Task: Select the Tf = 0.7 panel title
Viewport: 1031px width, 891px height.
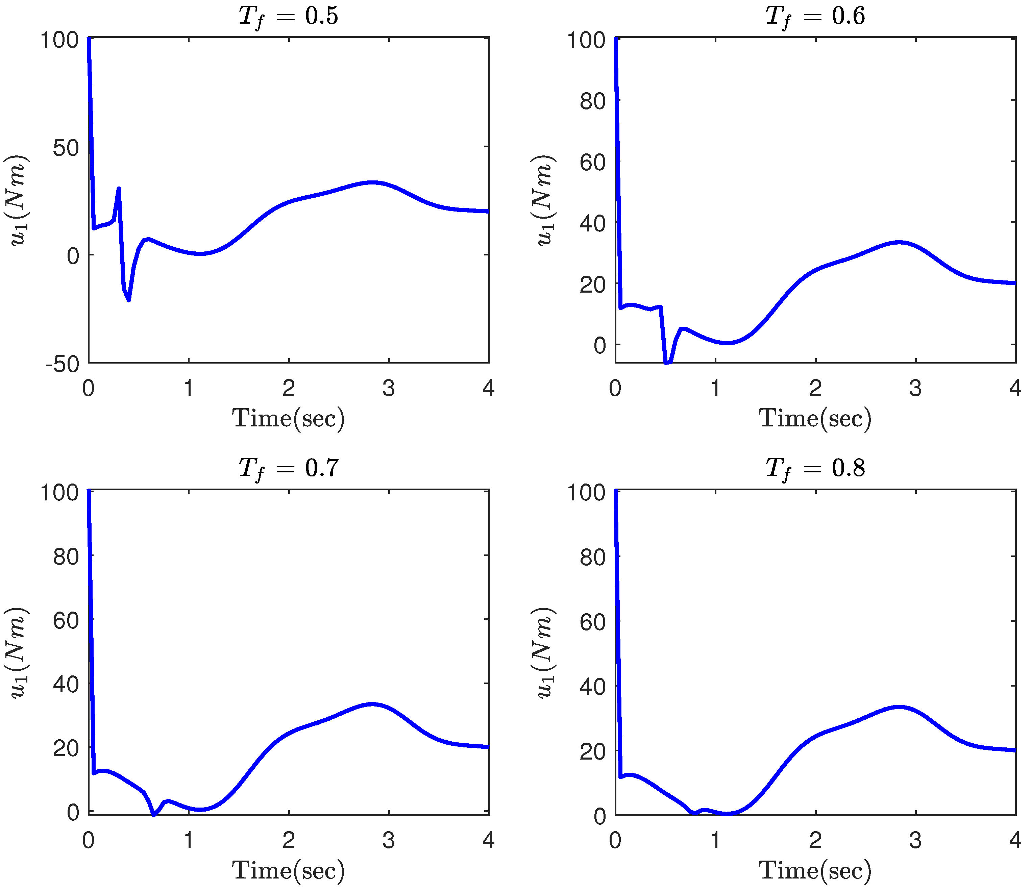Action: coord(288,468)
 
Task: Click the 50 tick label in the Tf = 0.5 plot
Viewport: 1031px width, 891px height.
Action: coord(66,148)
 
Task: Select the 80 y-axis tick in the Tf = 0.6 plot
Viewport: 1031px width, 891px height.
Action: coord(593,101)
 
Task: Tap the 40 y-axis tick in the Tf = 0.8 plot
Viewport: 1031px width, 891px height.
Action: coord(593,687)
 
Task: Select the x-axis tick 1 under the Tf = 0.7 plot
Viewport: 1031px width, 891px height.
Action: coord(189,841)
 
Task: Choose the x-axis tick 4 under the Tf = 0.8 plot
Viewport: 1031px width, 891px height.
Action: coord(1015,841)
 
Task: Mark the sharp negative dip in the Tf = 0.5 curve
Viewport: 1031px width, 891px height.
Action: coord(128,300)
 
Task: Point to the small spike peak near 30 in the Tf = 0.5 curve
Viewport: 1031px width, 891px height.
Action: coord(118,189)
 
